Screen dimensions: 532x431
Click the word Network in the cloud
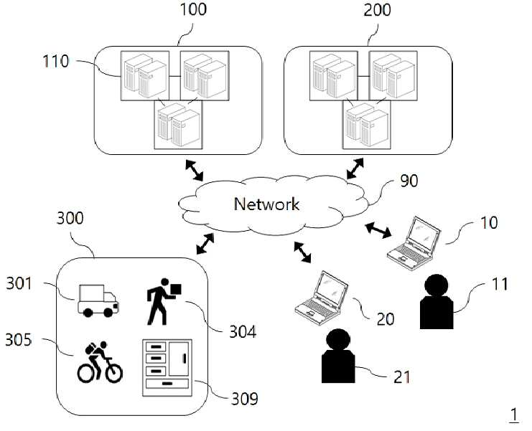tap(266, 204)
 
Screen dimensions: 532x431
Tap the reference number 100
tap(193, 9)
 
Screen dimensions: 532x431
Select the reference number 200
tap(378, 9)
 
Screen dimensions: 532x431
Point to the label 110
tap(56, 62)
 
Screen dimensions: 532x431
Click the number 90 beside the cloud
tap(409, 181)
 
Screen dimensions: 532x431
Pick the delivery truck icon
tap(98, 301)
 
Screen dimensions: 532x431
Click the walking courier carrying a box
tap(164, 302)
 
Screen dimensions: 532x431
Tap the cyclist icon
tap(100, 362)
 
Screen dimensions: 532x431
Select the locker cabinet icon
tap(167, 368)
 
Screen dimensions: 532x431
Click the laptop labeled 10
tap(414, 243)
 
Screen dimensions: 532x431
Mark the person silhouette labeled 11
tap(437, 301)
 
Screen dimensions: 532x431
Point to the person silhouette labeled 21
tap(338, 356)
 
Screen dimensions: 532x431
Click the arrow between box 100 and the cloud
tap(194, 170)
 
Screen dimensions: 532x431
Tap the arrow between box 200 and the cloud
tap(355, 169)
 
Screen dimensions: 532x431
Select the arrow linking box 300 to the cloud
tap(205, 244)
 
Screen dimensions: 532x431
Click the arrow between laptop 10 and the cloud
tap(378, 230)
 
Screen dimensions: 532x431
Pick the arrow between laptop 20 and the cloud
tap(302, 252)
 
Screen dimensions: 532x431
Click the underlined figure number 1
tap(515, 415)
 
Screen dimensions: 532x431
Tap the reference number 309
tap(245, 399)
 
